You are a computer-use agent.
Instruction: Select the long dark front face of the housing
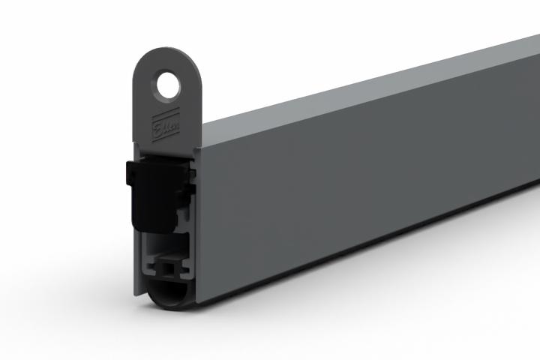tap(360, 180)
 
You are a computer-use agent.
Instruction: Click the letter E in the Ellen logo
tap(158, 121)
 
